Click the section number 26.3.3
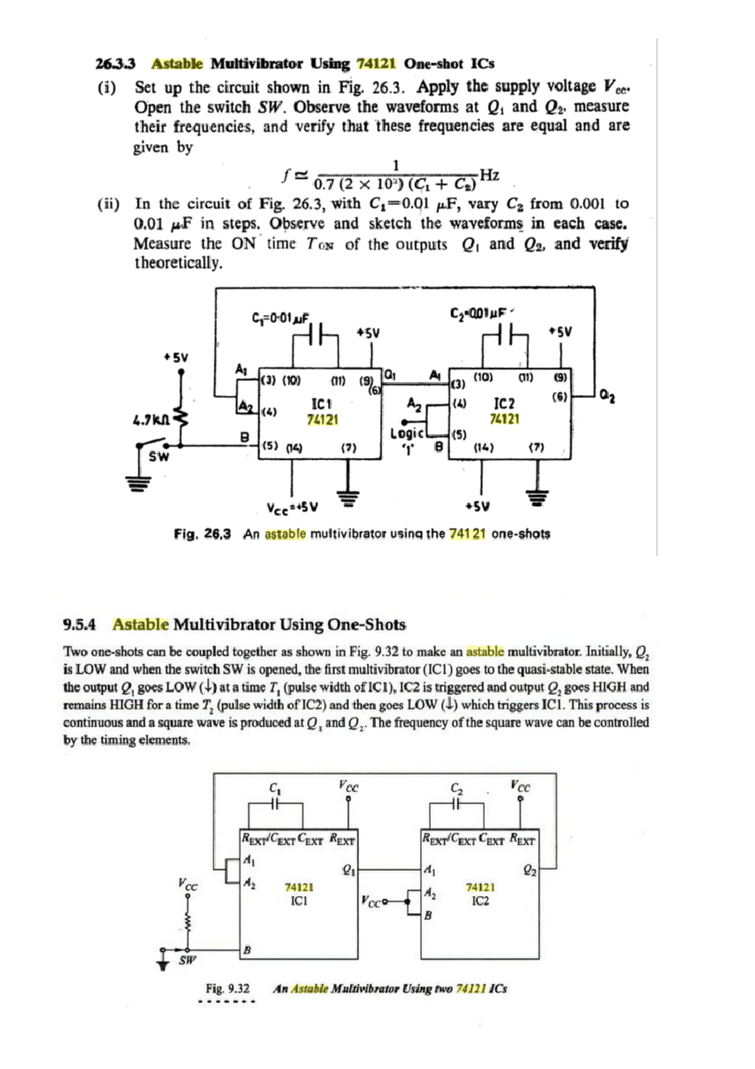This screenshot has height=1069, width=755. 115,64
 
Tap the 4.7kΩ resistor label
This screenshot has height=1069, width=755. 149,418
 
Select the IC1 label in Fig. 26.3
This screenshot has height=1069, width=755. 322,404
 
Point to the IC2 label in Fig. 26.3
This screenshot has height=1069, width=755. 504,404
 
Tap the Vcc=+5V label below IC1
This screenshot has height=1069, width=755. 292,507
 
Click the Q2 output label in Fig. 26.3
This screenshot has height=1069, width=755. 607,397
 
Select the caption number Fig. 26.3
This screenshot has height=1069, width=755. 202,534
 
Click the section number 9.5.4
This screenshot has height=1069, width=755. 79,625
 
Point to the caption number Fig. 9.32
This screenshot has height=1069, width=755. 227,988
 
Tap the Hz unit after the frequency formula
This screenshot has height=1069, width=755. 489,174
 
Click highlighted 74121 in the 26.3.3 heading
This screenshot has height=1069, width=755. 376,64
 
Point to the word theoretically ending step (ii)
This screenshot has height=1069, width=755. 179,263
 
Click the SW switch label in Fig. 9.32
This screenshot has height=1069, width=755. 187,960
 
